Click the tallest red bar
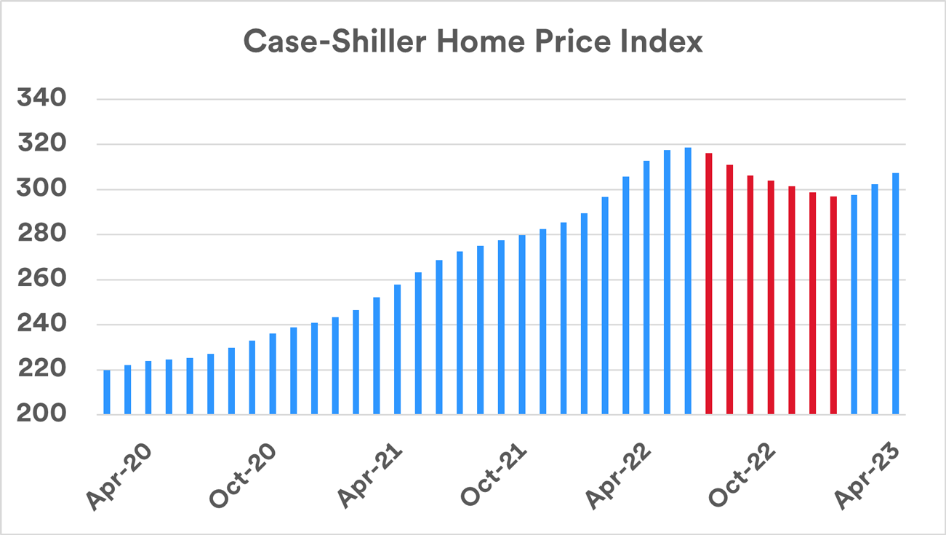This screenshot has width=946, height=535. [x=709, y=284]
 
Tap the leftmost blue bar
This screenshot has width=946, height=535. [x=107, y=392]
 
